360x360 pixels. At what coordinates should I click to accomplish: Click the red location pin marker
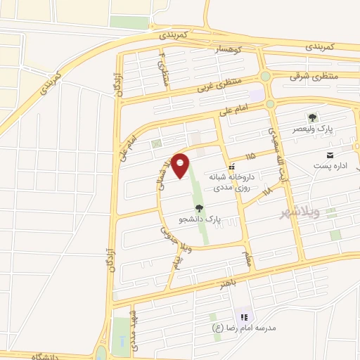(x=181, y=165)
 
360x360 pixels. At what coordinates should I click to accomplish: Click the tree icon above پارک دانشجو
(x=199, y=207)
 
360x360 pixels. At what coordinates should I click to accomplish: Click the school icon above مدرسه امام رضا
(x=244, y=317)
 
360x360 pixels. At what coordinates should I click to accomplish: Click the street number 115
(x=250, y=155)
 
